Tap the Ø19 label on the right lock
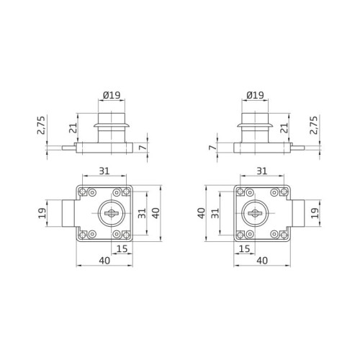coord(255,94)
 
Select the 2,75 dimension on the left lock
coord(42,127)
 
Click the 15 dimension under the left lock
coord(121,249)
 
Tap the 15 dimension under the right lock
coord(244,249)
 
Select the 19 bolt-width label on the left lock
coord(42,214)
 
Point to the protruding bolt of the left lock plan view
coord(67,214)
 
